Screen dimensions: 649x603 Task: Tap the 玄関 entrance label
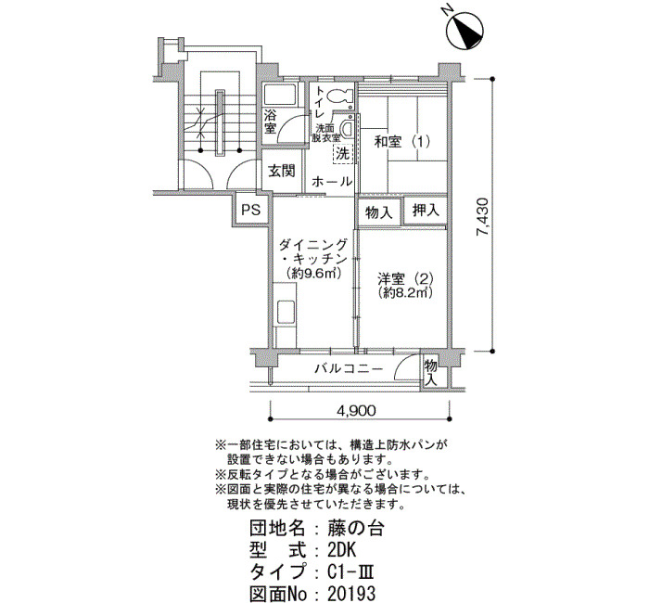click(x=282, y=171)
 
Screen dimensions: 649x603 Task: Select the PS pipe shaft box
click(x=251, y=210)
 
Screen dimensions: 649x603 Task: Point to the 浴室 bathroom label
click(x=270, y=122)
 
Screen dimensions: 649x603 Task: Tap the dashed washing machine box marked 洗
click(x=343, y=154)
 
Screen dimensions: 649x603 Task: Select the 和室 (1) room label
click(x=401, y=142)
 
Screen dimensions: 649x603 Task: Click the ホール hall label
click(x=332, y=182)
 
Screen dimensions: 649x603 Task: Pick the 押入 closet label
click(x=426, y=211)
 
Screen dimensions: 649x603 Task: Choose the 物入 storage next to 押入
click(x=378, y=212)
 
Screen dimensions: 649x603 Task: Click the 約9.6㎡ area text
click(x=313, y=274)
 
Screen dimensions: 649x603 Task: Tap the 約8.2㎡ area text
click(x=405, y=292)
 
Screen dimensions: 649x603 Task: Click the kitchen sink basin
click(x=286, y=313)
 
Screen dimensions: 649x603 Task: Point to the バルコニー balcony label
click(x=349, y=368)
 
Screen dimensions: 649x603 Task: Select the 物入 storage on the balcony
click(x=430, y=372)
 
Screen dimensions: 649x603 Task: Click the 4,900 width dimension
click(x=356, y=410)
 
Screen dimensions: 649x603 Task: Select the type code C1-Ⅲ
click(x=350, y=572)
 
